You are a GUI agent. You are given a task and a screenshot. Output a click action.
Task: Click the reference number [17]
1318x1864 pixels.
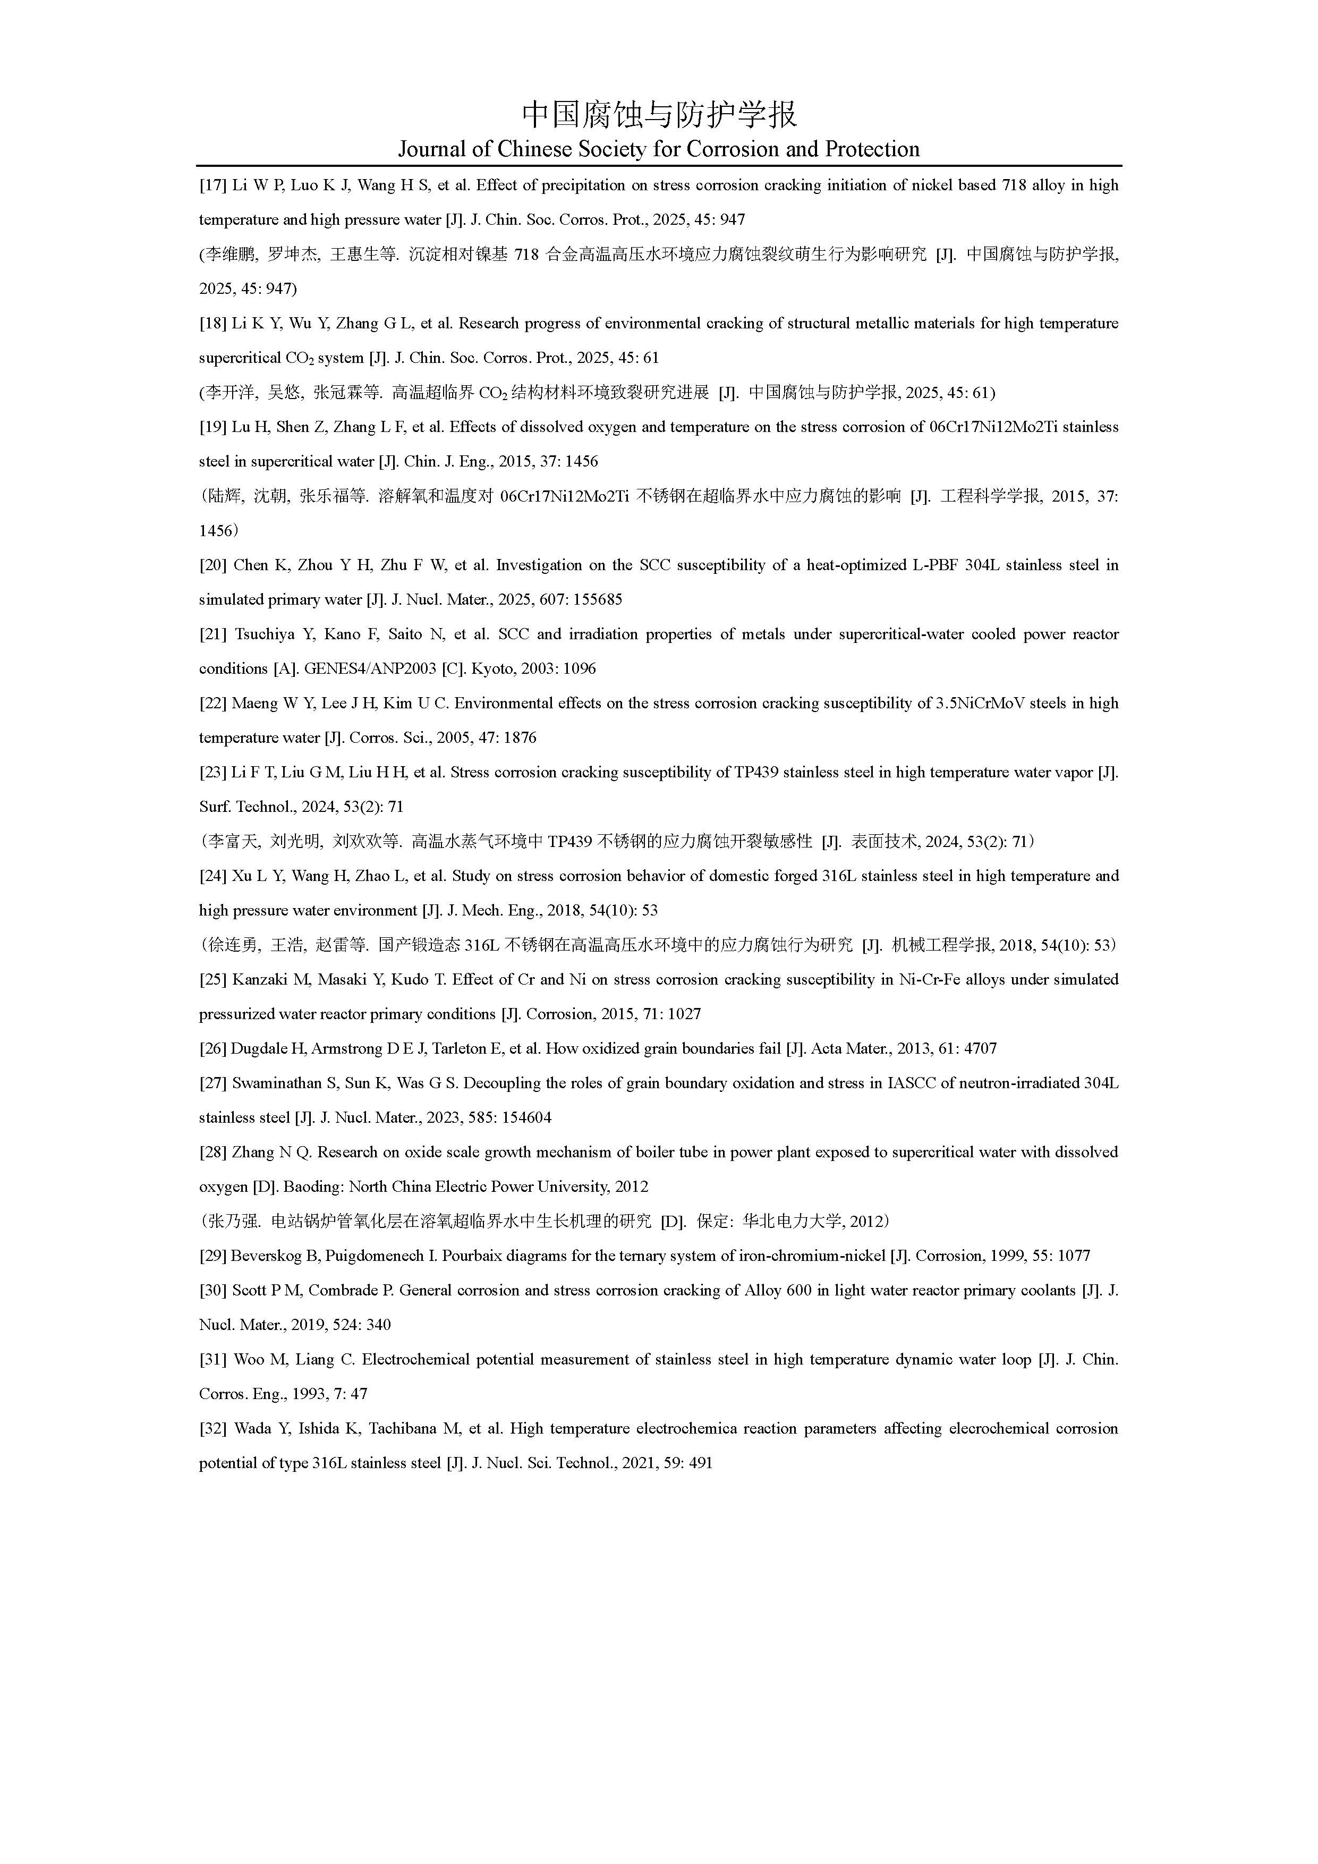(212, 185)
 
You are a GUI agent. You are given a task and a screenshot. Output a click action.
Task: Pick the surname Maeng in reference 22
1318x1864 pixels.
(256, 703)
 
